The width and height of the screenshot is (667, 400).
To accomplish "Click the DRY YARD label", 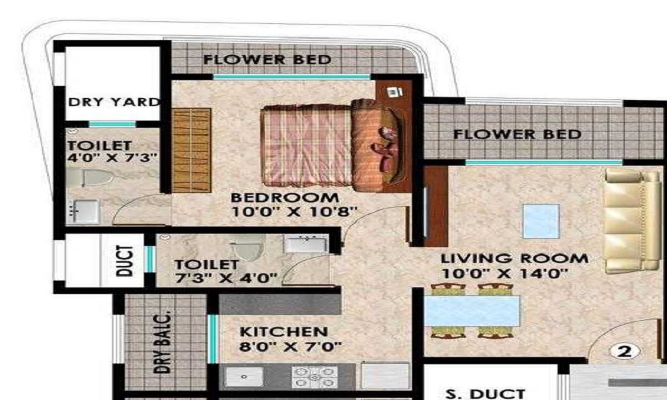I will click(x=114, y=103).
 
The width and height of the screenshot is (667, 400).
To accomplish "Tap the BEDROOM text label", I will click(x=285, y=197).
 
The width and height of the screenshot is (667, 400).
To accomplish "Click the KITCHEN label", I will click(x=283, y=331).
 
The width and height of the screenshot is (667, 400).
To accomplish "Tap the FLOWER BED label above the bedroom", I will click(x=267, y=59).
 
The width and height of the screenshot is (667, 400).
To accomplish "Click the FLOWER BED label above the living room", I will click(x=517, y=134).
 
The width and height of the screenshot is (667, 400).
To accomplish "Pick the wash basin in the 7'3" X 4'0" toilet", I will click(x=305, y=243).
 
